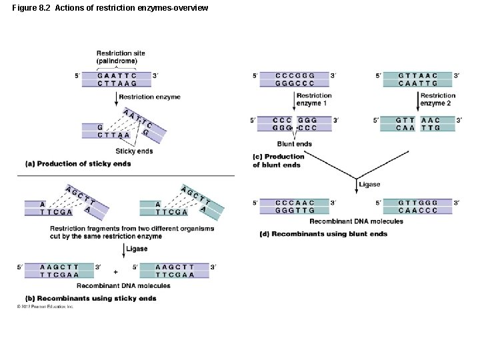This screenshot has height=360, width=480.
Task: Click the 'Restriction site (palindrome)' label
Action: click(x=117, y=57)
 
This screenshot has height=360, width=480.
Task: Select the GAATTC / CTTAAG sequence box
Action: click(x=117, y=79)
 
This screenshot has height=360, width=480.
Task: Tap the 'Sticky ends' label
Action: click(x=134, y=151)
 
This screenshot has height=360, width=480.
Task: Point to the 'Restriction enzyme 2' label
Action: click(x=437, y=99)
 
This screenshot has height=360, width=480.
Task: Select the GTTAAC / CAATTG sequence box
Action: click(x=418, y=79)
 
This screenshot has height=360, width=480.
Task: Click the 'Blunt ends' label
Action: click(x=294, y=144)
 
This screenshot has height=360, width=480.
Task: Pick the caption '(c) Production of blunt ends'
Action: click(x=278, y=161)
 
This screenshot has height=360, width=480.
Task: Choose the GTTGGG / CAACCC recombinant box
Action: click(x=418, y=206)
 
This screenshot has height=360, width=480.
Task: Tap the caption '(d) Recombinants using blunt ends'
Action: click(x=323, y=234)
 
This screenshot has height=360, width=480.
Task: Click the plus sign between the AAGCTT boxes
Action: click(x=115, y=272)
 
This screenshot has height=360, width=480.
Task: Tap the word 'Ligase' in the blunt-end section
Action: click(x=369, y=185)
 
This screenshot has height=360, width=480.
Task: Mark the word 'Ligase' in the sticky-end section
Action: click(x=137, y=249)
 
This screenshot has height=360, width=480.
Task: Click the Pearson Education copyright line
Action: click(x=45, y=307)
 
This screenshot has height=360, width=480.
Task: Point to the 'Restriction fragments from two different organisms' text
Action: click(x=132, y=229)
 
